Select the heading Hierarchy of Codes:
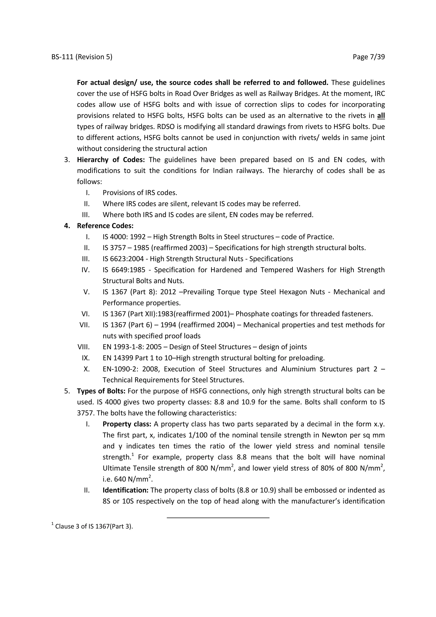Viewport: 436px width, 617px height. [x=111, y=160]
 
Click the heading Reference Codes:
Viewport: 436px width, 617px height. [x=105, y=226]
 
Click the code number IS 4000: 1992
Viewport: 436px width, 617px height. [x=124, y=237]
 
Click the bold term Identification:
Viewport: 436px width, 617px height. [x=125, y=490]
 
